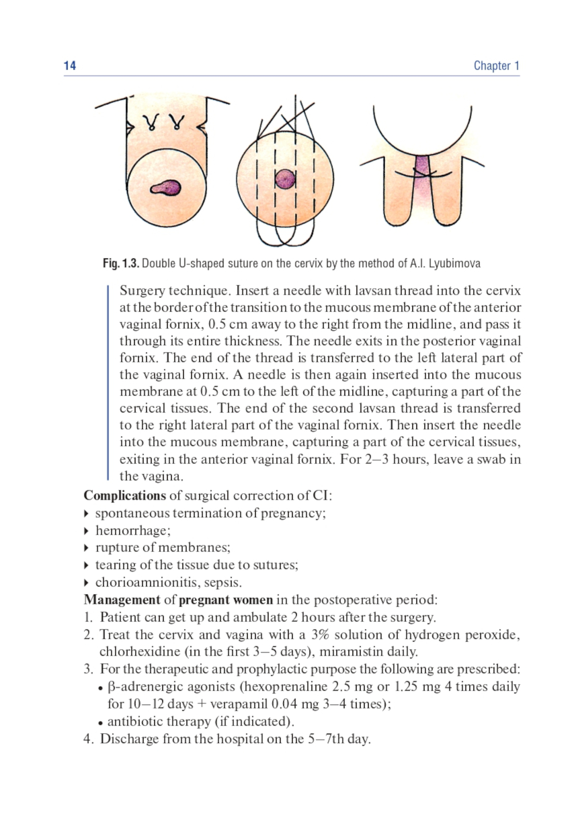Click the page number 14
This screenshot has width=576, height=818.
(70, 66)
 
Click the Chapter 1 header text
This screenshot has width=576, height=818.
(496, 66)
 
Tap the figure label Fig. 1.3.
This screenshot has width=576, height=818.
(121, 264)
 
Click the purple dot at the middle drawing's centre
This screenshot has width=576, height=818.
(285, 179)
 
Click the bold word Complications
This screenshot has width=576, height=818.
(124, 495)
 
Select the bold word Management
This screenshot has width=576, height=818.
(122, 600)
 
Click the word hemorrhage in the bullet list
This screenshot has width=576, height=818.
(132, 530)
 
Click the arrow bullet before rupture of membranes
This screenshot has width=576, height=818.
(86, 547)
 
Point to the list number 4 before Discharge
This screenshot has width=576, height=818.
(88, 739)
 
